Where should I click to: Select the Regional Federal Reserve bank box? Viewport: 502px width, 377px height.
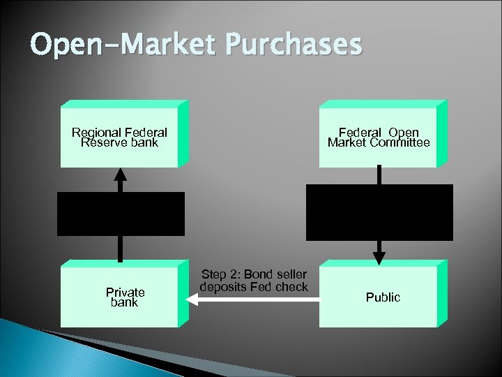(x=119, y=137)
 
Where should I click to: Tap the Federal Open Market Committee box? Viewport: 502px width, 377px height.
(x=379, y=137)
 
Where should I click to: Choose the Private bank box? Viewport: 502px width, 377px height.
(x=119, y=297)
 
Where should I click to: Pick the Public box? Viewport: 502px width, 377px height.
(x=379, y=297)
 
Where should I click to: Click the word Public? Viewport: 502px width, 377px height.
(x=383, y=297)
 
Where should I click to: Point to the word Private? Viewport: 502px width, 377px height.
(x=125, y=293)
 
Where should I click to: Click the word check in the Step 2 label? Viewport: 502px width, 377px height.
(x=291, y=287)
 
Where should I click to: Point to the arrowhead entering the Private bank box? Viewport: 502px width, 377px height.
(x=192, y=299)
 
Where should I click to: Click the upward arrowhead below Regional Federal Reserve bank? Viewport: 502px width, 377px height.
(x=121, y=173)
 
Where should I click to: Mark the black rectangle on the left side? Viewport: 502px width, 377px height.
(x=121, y=214)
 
